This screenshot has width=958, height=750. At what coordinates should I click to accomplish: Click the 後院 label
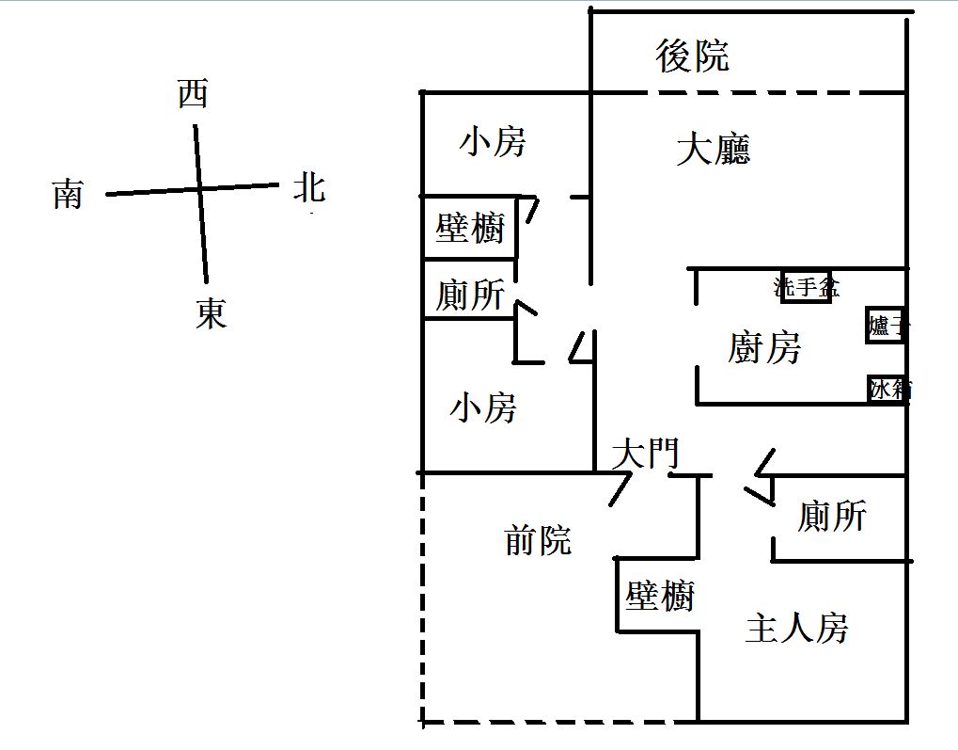(x=693, y=56)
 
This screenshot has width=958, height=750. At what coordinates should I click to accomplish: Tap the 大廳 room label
(x=714, y=150)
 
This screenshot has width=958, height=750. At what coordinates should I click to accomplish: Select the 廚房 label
(x=764, y=348)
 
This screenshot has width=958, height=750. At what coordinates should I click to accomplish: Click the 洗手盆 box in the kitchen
(x=806, y=287)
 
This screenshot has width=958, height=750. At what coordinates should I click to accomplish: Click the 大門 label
(x=644, y=455)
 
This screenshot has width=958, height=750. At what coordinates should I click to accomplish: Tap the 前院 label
(x=538, y=540)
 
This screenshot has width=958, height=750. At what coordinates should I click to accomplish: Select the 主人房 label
(x=796, y=628)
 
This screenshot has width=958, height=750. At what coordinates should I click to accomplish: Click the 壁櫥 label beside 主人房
(x=660, y=596)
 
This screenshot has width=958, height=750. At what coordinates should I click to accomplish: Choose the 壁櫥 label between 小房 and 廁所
(x=470, y=228)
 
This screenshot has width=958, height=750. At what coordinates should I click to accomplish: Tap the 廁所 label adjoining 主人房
(x=831, y=516)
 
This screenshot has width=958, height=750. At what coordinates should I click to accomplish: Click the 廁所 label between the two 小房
(x=469, y=295)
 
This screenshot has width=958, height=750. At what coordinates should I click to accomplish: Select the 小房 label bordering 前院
(x=483, y=408)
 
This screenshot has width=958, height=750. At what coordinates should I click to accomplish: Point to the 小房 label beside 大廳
(x=493, y=143)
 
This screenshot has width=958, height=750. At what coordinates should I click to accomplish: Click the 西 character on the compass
(x=193, y=94)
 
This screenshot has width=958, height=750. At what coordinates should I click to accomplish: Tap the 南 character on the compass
(x=68, y=195)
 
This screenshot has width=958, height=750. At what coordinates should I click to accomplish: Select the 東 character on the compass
(x=212, y=313)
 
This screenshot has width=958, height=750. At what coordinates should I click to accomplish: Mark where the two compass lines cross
(x=200, y=189)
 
